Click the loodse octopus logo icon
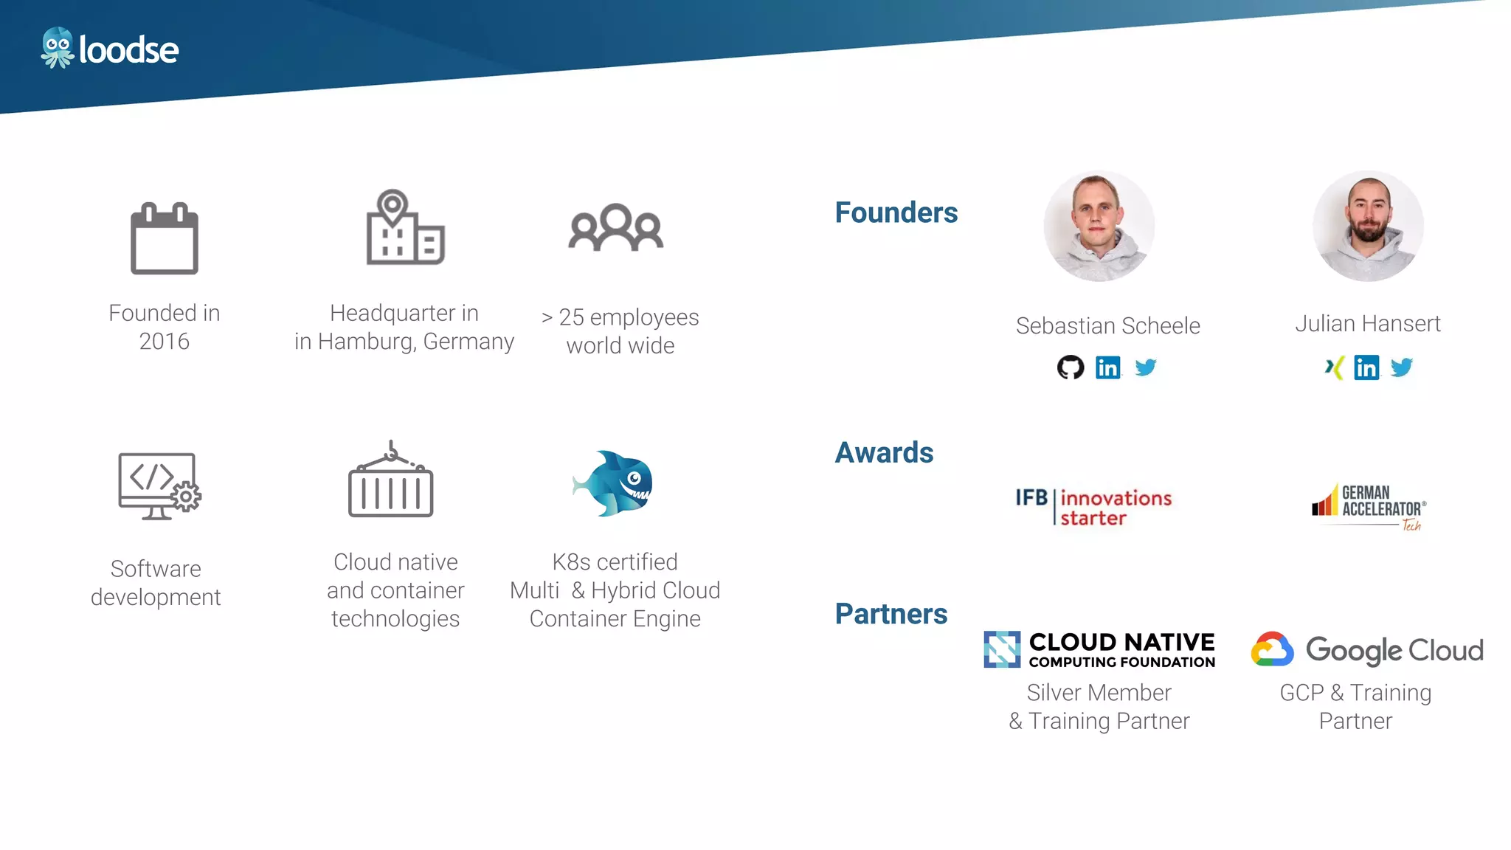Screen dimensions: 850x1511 (x=57, y=48)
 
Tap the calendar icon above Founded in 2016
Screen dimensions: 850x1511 (x=165, y=238)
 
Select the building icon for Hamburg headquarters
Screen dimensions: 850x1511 (x=405, y=227)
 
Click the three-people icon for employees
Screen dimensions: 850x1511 (x=616, y=228)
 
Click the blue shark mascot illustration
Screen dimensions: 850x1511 (x=613, y=483)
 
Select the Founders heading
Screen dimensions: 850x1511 (x=896, y=212)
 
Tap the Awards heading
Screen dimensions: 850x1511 (x=884, y=452)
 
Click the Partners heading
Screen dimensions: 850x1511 (x=891, y=614)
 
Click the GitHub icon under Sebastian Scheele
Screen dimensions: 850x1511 (x=1071, y=367)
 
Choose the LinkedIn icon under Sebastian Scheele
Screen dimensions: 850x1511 (x=1108, y=367)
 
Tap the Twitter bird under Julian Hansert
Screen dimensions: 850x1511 (x=1402, y=367)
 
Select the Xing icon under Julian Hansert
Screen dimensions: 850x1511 (x=1334, y=367)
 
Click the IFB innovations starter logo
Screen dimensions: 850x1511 (x=1093, y=507)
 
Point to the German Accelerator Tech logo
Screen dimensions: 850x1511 (x=1369, y=508)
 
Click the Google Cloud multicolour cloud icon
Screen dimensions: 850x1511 (x=1272, y=649)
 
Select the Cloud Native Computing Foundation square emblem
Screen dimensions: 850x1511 (x=1002, y=649)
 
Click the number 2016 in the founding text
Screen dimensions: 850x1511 (x=165, y=342)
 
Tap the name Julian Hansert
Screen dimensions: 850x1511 (x=1368, y=323)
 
